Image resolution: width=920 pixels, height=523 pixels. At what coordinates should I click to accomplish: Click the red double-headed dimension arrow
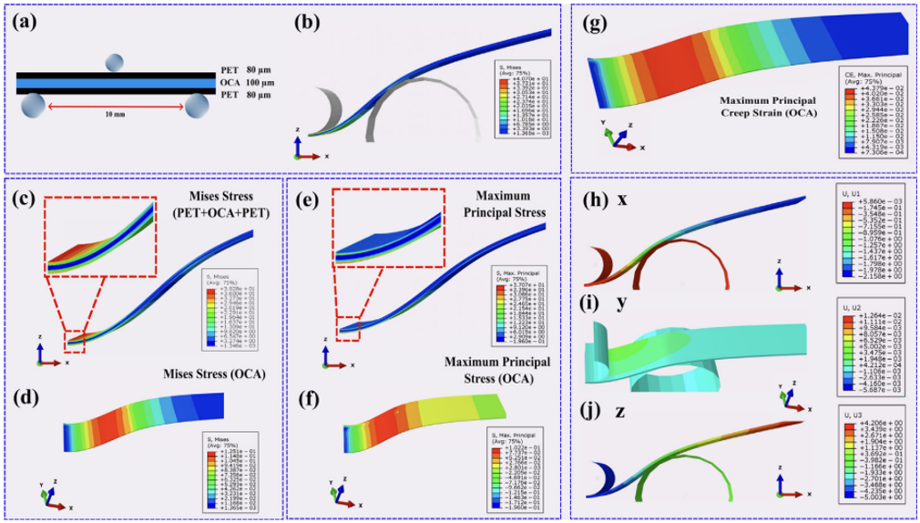tap(114, 106)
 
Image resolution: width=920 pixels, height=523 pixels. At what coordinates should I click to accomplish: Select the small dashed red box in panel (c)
tap(75, 342)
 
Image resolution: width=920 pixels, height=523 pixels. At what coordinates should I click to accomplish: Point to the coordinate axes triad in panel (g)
tap(619, 137)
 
